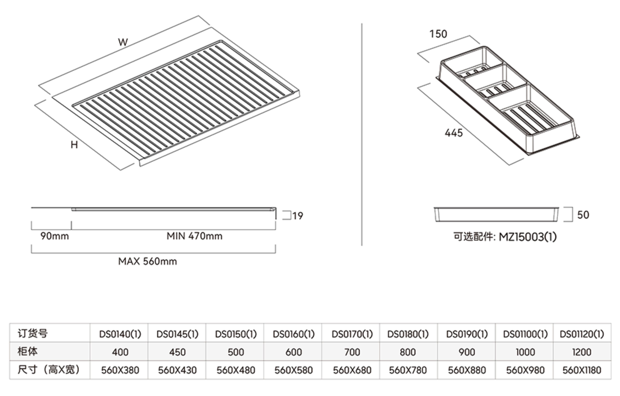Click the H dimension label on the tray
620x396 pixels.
click(74, 145)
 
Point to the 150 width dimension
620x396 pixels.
click(438, 34)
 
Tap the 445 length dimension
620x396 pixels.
click(454, 133)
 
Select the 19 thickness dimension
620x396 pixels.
click(298, 216)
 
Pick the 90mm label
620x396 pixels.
click(55, 236)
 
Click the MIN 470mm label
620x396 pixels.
click(194, 236)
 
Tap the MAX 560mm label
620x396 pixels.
click(148, 261)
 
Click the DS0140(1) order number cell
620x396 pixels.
click(120, 334)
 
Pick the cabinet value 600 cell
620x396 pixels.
click(294, 352)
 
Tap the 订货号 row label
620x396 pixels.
click(33, 334)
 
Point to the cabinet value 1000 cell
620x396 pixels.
click(525, 352)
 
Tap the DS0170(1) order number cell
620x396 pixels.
click(352, 334)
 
